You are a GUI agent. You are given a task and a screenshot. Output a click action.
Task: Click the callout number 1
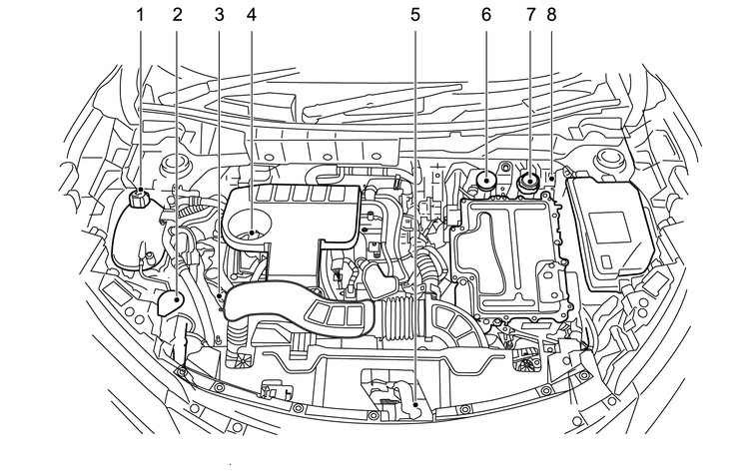140,15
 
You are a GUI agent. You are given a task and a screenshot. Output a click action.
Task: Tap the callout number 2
177,15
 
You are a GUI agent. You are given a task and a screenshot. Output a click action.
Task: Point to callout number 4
252,15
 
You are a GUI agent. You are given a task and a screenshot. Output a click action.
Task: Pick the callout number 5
413,15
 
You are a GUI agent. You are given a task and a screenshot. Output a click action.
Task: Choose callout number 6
486,15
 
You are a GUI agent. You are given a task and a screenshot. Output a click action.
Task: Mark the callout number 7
529,15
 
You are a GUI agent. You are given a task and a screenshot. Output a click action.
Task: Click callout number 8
551,15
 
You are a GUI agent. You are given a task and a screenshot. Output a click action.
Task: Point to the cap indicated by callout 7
527,182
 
